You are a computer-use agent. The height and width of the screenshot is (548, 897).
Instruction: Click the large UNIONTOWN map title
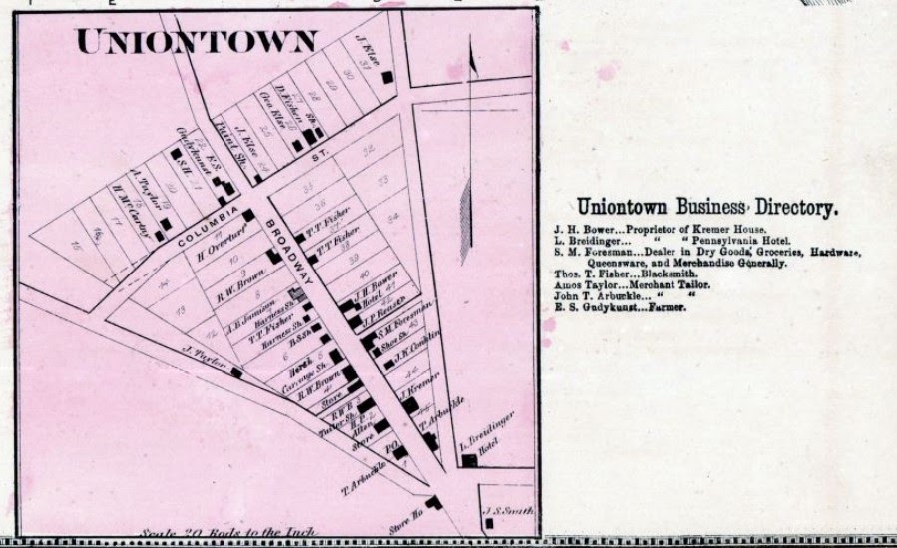(x=197, y=41)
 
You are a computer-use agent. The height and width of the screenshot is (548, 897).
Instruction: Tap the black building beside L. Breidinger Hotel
(x=467, y=460)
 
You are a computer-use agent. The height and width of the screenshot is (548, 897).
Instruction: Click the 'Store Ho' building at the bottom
(x=432, y=502)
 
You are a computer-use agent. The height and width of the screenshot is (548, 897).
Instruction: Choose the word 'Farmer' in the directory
(x=669, y=307)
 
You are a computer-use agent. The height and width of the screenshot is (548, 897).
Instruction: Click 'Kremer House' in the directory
(x=732, y=230)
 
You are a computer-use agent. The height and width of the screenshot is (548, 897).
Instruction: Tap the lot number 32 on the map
(x=369, y=149)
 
